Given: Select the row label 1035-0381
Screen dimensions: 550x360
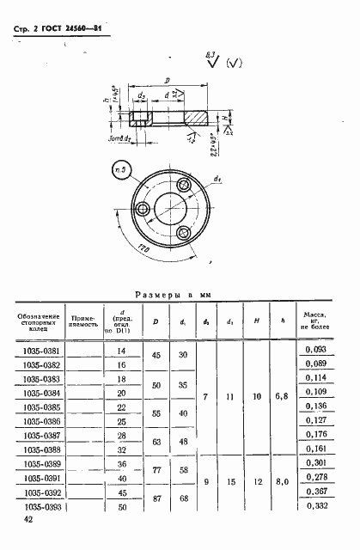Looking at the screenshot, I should tap(40, 351).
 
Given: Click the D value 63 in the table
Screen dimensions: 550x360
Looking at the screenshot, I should tap(156, 442).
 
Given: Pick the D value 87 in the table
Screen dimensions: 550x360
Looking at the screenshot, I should tap(156, 498).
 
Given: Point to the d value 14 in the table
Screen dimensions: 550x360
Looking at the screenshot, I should tap(121, 351).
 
